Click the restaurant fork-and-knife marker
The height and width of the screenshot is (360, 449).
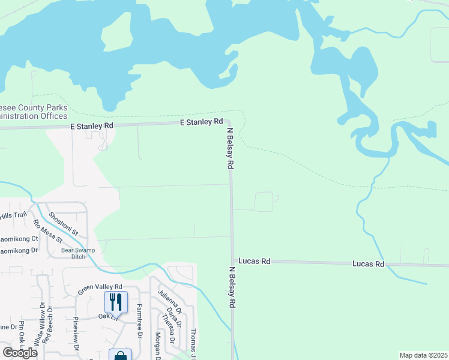pyautogui.click(x=116, y=301)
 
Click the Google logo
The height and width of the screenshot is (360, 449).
pyautogui.click(x=19, y=353)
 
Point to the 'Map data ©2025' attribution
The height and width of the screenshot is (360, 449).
pyautogui.click(x=423, y=355)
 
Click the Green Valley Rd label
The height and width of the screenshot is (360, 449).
pyautogui.click(x=100, y=289)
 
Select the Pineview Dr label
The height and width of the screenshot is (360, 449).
pyautogui.click(x=76, y=332)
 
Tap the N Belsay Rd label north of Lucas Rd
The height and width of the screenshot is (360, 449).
pyautogui.click(x=229, y=148)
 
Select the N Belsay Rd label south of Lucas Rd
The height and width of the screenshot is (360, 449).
pyautogui.click(x=232, y=287)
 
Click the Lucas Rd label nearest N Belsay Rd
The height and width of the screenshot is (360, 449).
pyautogui.click(x=255, y=262)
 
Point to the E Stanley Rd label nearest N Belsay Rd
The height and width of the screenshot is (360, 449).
pyautogui.click(x=202, y=122)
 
